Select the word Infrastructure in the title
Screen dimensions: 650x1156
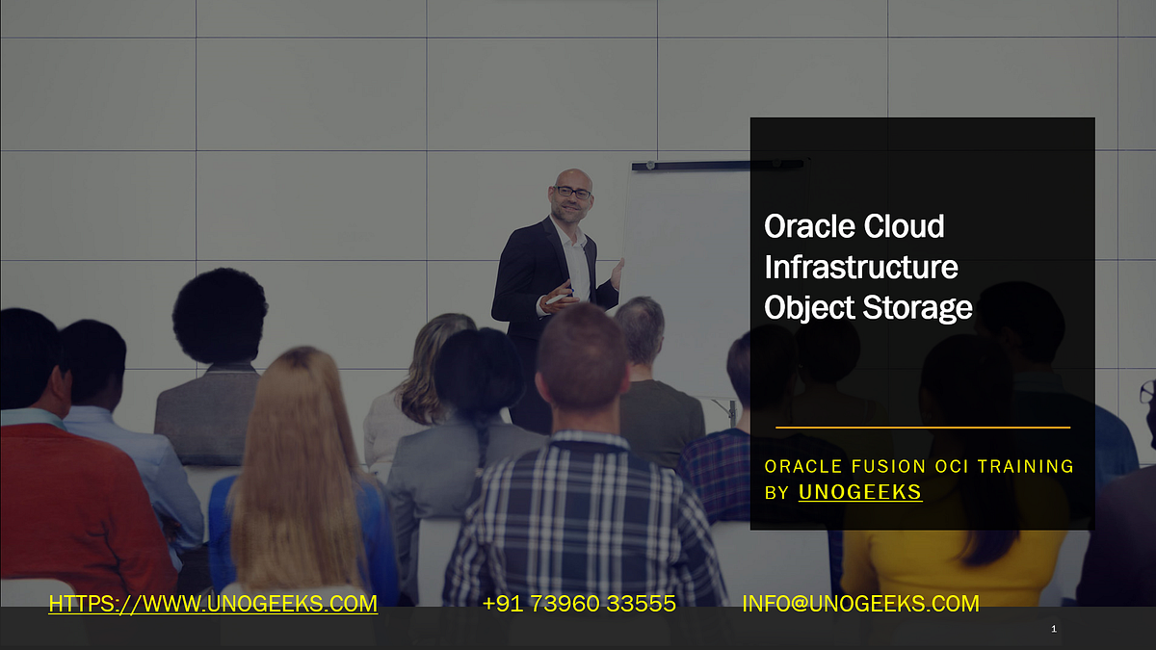point(860,267)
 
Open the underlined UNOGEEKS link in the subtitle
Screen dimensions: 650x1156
point(860,492)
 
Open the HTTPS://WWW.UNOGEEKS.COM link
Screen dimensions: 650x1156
point(213,604)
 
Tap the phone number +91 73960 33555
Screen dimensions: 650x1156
point(579,604)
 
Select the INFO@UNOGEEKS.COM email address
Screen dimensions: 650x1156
point(860,604)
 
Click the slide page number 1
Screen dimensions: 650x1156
point(1054,630)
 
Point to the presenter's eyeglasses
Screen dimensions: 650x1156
point(573,193)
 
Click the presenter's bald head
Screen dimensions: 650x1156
point(572,177)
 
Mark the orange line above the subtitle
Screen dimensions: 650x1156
point(923,427)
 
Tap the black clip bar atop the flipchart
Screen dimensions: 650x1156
point(718,166)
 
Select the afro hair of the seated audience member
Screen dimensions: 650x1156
point(220,313)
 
